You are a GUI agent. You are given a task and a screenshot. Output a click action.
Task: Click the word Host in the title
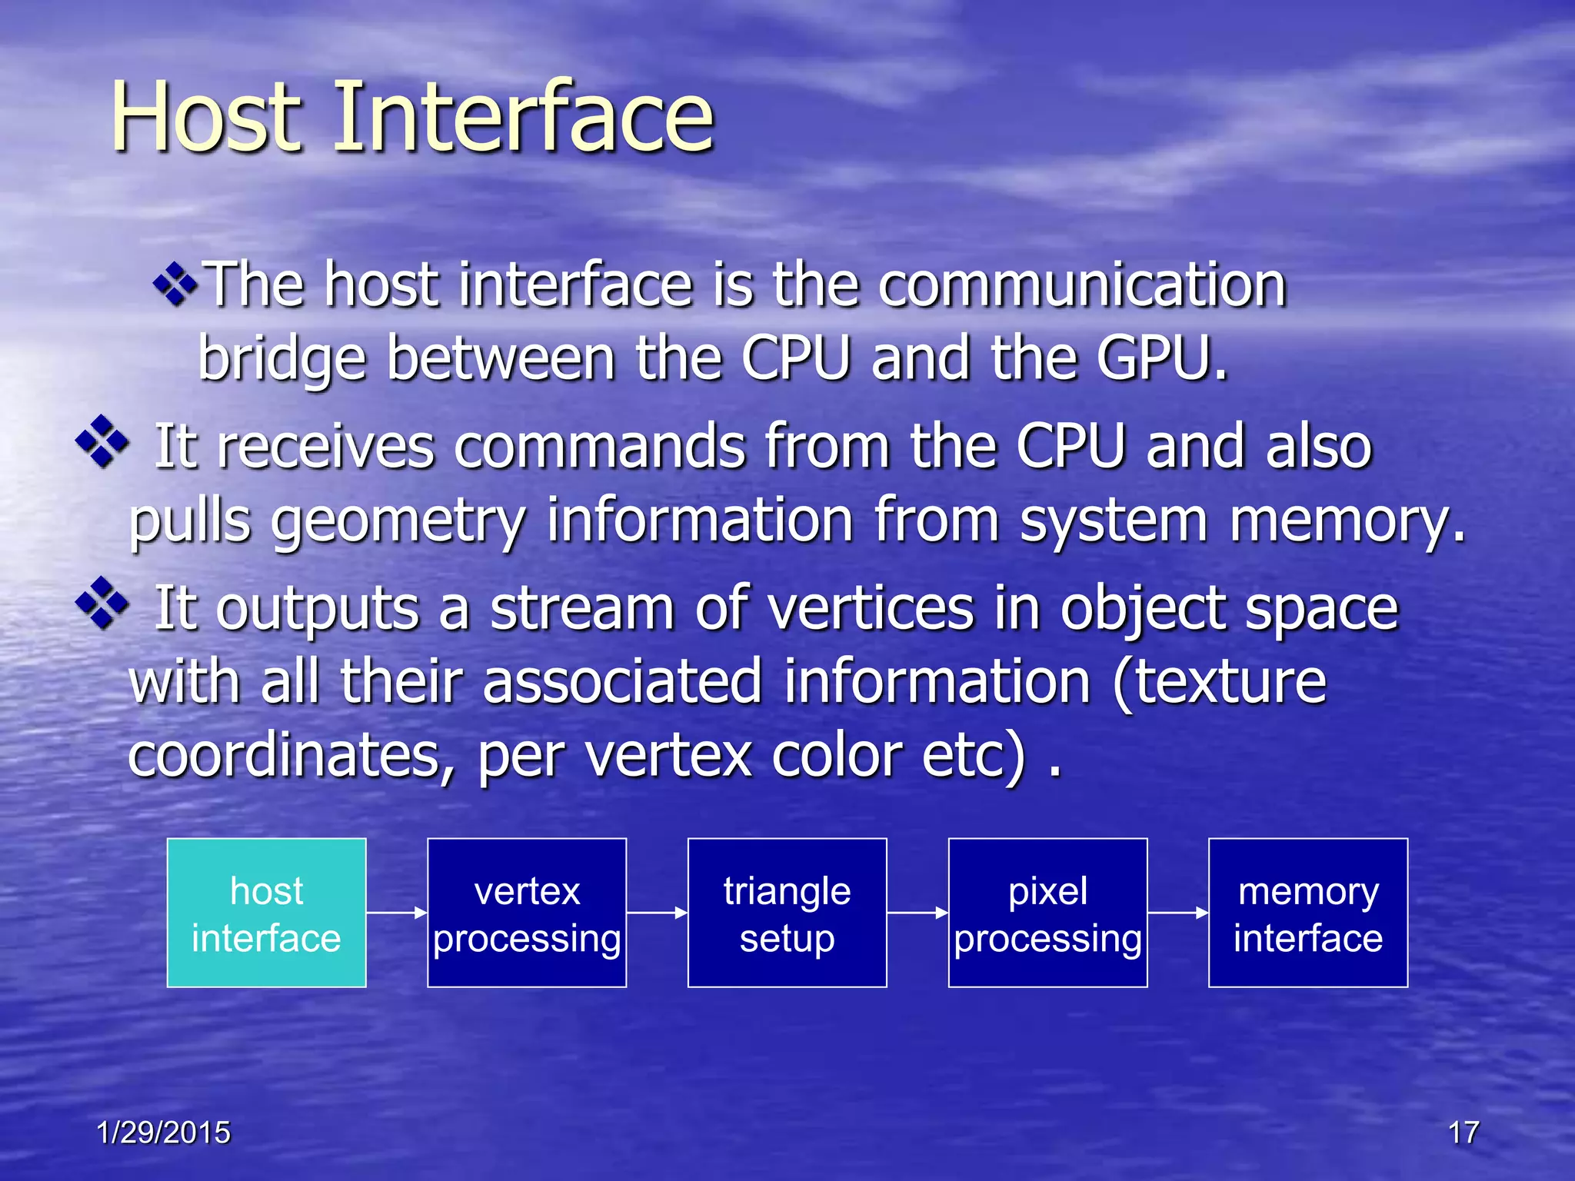pyautogui.click(x=206, y=118)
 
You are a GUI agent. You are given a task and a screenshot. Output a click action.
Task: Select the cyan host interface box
pyautogui.click(x=266, y=913)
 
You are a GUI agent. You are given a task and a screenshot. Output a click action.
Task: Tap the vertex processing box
pyautogui.click(x=527, y=913)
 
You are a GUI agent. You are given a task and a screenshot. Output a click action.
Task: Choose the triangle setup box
pyautogui.click(x=787, y=913)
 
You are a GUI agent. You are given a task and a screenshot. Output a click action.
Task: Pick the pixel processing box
pyautogui.click(x=1047, y=913)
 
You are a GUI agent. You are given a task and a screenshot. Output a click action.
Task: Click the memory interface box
pyautogui.click(x=1308, y=913)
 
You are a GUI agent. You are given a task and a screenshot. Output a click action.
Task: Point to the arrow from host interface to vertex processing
pyautogui.click(x=396, y=913)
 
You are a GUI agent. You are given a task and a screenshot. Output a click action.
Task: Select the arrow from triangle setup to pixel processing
pyautogui.click(x=917, y=913)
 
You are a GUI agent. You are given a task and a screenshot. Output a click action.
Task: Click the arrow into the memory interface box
pyautogui.click(x=1177, y=913)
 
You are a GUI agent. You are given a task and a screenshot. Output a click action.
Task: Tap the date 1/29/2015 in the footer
pyautogui.click(x=163, y=1133)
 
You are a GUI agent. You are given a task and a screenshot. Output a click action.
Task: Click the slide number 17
pyautogui.click(x=1463, y=1133)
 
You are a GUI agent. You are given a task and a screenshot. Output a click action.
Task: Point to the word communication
pyautogui.click(x=1083, y=285)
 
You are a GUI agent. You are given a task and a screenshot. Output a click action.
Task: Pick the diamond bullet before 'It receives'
pyautogui.click(x=102, y=441)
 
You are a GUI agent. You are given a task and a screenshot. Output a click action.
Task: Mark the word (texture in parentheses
pyautogui.click(x=1220, y=682)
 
